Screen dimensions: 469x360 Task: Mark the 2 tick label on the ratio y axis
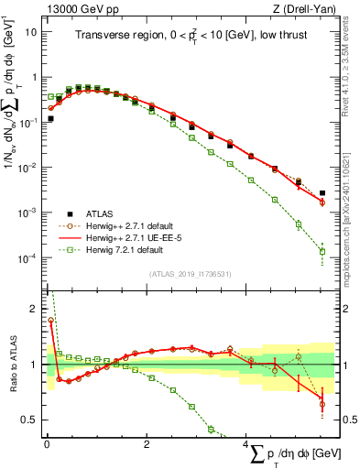pos(34,309)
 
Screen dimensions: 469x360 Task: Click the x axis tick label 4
pos(245,446)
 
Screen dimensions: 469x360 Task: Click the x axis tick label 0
pos(46,446)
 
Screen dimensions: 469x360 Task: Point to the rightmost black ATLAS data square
pos(322,193)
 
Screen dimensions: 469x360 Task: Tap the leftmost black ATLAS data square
pos(50,118)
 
